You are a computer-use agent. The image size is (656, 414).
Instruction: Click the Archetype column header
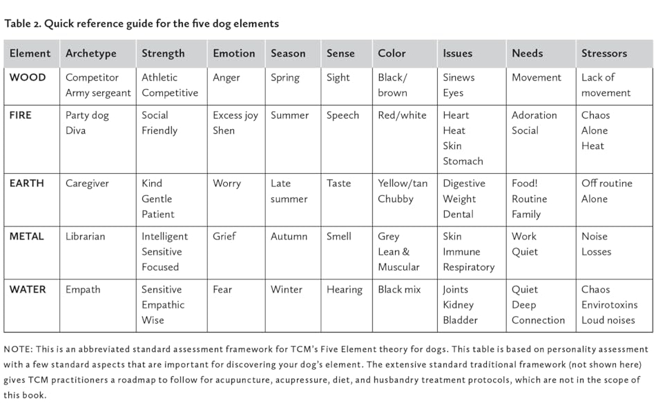(91, 53)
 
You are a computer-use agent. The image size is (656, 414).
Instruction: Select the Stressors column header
(604, 53)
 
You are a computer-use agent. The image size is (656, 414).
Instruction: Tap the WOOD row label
(28, 77)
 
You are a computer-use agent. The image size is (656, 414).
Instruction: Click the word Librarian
(86, 236)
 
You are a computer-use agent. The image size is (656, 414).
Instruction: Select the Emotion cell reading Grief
(224, 236)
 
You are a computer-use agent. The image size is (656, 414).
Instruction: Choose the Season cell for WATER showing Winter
(287, 289)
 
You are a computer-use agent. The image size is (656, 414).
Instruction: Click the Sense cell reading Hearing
(345, 289)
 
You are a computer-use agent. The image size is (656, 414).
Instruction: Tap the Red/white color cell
(403, 115)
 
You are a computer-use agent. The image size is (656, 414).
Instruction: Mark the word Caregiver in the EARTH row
(88, 184)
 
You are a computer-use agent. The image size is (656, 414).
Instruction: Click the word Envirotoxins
(610, 304)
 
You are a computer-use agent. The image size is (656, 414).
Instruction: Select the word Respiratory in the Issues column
(469, 266)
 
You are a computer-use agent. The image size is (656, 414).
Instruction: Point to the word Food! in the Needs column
(525, 184)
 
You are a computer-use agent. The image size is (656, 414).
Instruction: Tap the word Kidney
(459, 304)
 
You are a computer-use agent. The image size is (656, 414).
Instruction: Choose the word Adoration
(534, 115)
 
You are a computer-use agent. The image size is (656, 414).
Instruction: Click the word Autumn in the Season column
(289, 236)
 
